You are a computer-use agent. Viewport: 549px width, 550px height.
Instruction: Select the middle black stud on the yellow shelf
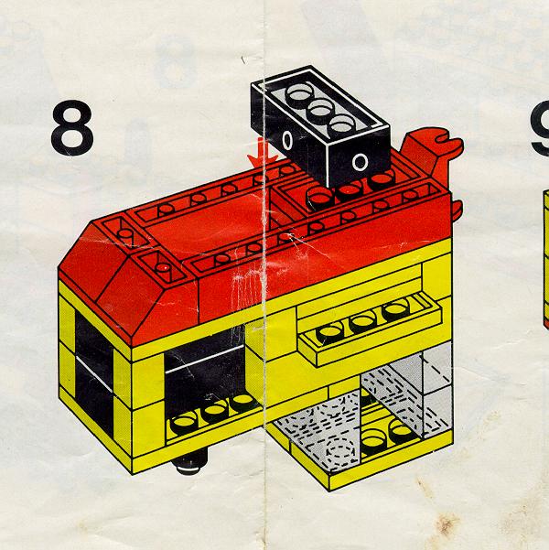(362, 321)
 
